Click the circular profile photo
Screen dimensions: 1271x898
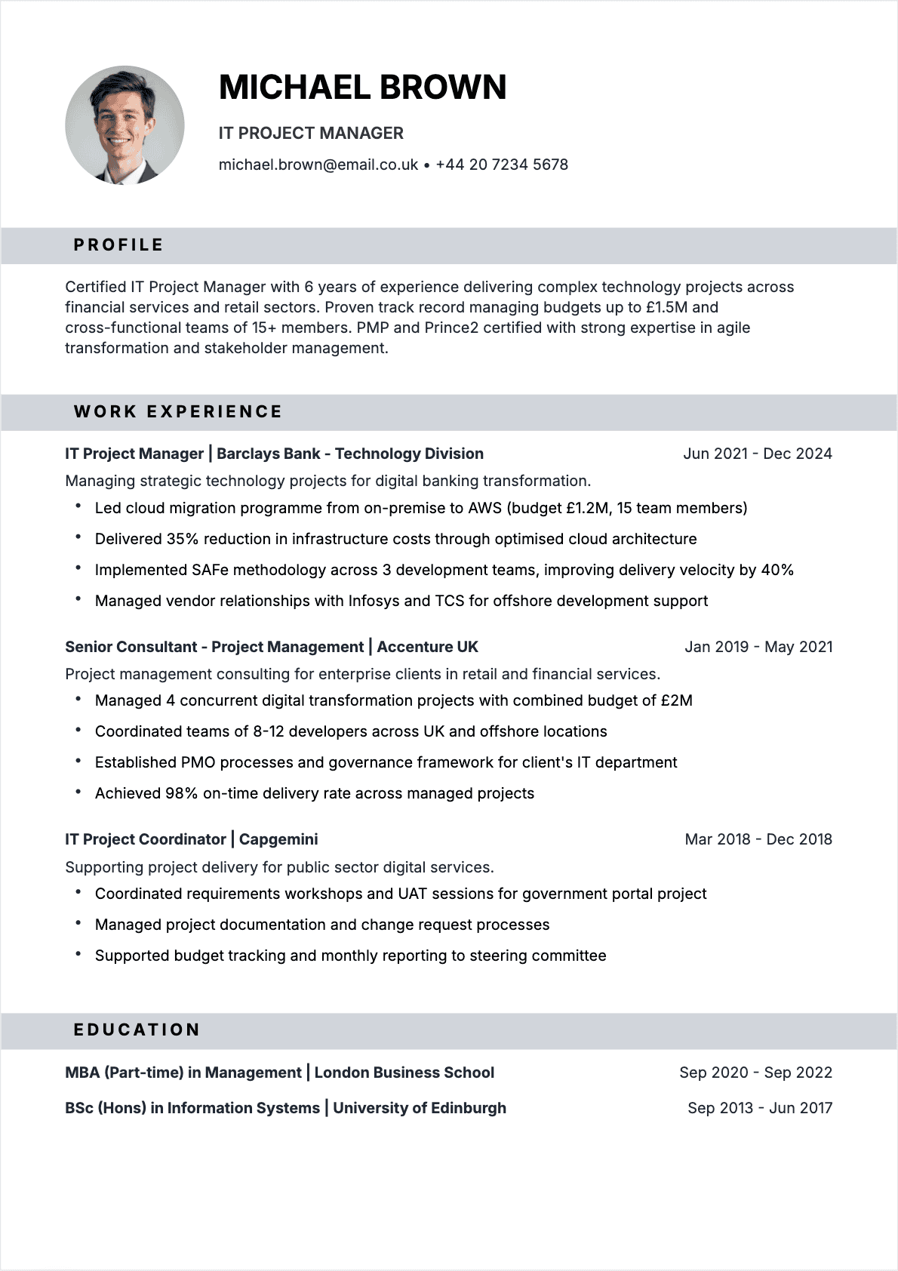coord(125,125)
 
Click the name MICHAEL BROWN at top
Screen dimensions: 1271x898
coord(362,88)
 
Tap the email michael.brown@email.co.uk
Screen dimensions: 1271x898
coord(318,165)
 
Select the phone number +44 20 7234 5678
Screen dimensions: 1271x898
coord(502,165)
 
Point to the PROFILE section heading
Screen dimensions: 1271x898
coord(118,245)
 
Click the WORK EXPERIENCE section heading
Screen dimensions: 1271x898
coord(178,412)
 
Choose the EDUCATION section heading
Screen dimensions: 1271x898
coord(137,1030)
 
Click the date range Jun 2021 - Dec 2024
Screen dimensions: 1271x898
coord(757,454)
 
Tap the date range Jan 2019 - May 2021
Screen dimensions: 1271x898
coord(758,647)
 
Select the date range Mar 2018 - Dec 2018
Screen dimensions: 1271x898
coord(758,839)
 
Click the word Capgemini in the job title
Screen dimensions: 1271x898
coord(278,839)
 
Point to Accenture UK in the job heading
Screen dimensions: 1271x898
coord(427,647)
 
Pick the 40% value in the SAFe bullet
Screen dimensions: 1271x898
coord(777,570)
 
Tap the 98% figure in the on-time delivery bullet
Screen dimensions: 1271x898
coord(181,793)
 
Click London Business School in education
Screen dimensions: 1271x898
coord(404,1073)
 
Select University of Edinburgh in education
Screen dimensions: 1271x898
coord(420,1108)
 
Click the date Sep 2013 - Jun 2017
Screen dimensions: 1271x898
coord(759,1108)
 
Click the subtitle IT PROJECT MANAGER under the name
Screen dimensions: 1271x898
coord(311,134)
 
